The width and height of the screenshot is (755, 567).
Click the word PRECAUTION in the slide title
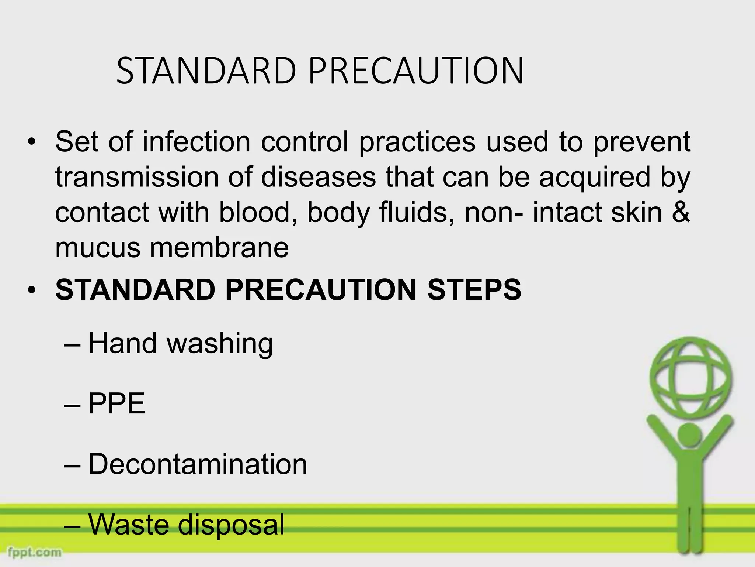[416, 71]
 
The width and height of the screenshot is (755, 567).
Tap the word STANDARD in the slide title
[206, 71]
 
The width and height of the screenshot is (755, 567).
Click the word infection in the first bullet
[196, 142]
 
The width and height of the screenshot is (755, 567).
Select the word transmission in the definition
[136, 177]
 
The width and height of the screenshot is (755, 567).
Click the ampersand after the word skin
[681, 213]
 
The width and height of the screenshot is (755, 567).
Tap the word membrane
[219, 248]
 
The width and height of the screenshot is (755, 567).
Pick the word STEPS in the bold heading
[474, 290]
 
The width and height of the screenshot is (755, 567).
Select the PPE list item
[116, 404]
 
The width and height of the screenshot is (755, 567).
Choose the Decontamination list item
[198, 464]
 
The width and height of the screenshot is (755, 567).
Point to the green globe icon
[690, 377]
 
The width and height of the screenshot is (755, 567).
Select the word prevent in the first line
[642, 142]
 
